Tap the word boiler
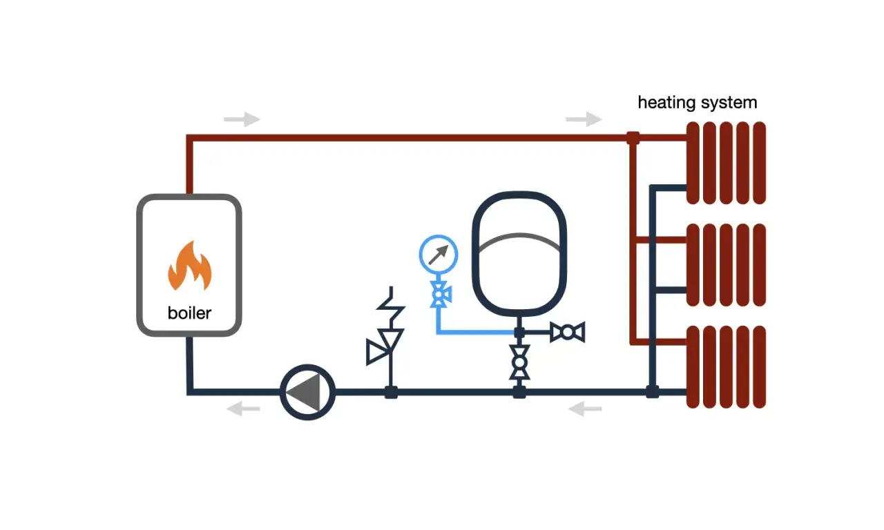[189, 313]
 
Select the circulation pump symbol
[308, 392]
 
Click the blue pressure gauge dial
[439, 255]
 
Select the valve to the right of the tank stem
[568, 333]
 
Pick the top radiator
[726, 163]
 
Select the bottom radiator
[726, 366]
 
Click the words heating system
[697, 103]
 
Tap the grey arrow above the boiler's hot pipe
[242, 119]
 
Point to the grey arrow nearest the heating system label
[584, 119]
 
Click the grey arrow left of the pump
[244, 409]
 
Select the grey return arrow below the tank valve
[585, 410]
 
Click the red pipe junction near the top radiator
[633, 137]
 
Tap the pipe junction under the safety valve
[390, 392]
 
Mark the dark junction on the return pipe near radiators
[652, 392]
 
